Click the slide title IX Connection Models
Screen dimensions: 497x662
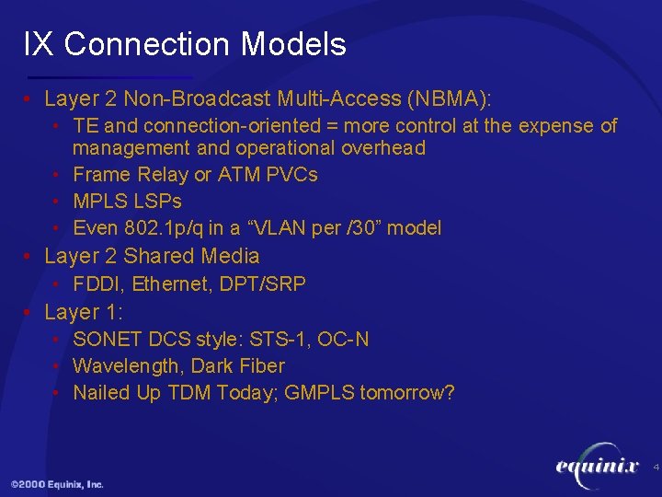tap(185, 44)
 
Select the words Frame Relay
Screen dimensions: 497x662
tap(132, 175)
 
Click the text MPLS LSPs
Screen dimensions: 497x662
tap(127, 202)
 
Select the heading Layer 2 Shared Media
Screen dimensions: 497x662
tap(152, 256)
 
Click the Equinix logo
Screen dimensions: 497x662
tap(597, 467)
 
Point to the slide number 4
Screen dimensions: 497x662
tap(656, 468)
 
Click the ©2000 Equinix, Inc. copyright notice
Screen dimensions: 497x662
tap(57, 484)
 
